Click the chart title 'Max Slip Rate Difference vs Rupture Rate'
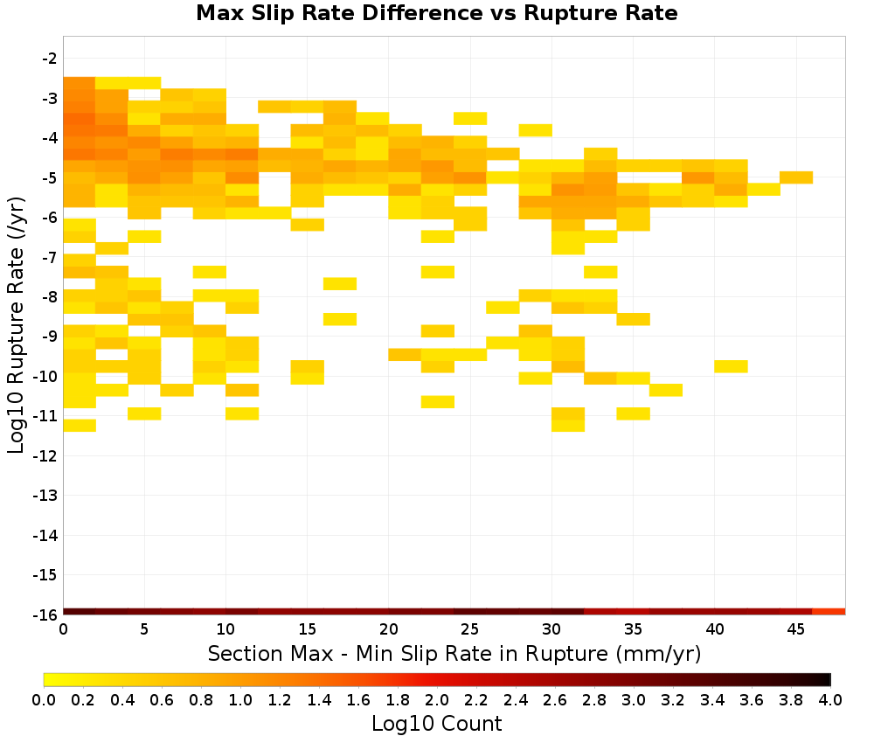pyautogui.click(x=436, y=13)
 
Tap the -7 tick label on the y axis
pyautogui.click(x=50, y=258)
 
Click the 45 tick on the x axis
pyautogui.click(x=796, y=629)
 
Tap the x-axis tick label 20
pyautogui.click(x=389, y=629)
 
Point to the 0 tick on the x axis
pyautogui.click(x=64, y=629)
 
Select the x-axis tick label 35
pyautogui.click(x=633, y=629)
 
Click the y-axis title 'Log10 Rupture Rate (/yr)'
pyautogui.click(x=16, y=325)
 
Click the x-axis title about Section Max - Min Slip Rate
pyautogui.click(x=454, y=653)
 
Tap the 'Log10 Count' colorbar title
pyautogui.click(x=436, y=724)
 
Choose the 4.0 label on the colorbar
pyautogui.click(x=830, y=700)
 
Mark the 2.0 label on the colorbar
pyautogui.click(x=437, y=700)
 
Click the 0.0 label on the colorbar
pyautogui.click(x=44, y=700)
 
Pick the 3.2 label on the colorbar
pyautogui.click(x=673, y=700)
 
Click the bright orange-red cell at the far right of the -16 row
pyautogui.click(x=829, y=612)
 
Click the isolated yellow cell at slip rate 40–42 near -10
pyautogui.click(x=731, y=366)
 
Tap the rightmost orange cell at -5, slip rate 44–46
pyautogui.click(x=796, y=177)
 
